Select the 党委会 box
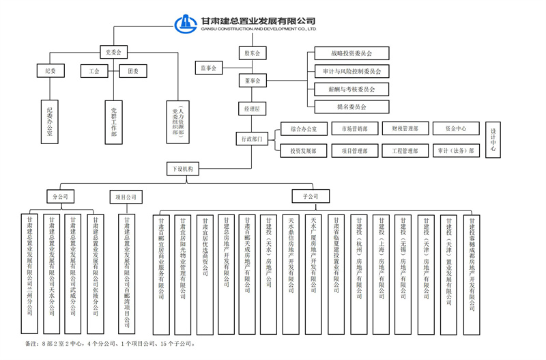[113, 52]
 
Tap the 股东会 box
[252, 53]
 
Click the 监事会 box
[209, 68]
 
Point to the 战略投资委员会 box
[351, 53]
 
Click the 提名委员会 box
[351, 107]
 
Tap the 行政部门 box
[252, 139]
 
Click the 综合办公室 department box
[304, 128]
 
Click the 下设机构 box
[182, 168]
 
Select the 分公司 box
[61, 197]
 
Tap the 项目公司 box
[128, 197]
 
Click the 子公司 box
[311, 197]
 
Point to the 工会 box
[94, 71]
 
